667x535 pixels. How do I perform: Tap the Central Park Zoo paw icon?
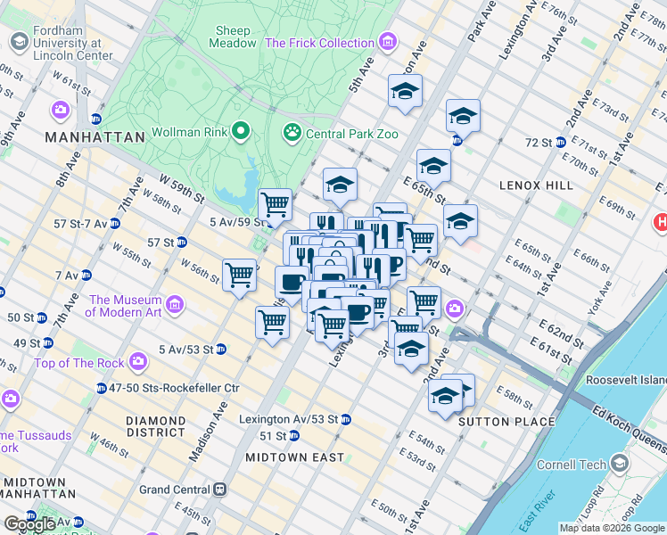(292, 133)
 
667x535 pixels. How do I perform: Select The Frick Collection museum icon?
(387, 42)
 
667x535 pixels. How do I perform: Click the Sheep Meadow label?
(233, 37)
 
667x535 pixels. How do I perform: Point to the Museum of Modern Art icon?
(174, 307)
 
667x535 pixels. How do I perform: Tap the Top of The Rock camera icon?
(137, 362)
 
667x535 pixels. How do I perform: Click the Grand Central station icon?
(218, 490)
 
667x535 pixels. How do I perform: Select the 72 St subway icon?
(561, 142)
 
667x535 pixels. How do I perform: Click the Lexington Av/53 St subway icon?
(345, 419)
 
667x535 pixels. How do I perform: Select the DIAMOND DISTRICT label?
(155, 427)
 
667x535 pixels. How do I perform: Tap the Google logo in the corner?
(29, 524)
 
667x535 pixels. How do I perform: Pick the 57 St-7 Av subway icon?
(115, 222)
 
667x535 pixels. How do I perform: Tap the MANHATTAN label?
(95, 137)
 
